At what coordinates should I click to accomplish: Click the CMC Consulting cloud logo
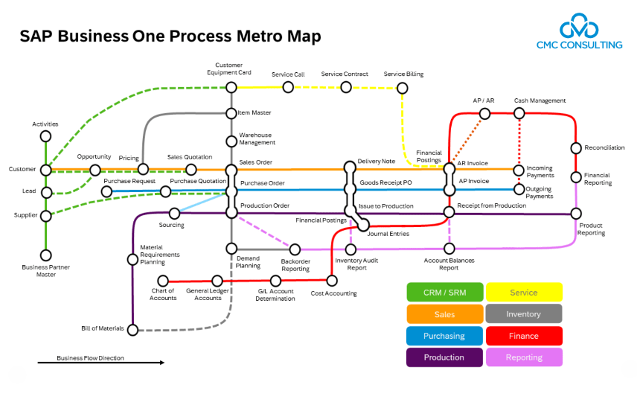click(x=580, y=27)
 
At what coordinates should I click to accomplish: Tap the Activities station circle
click(x=45, y=136)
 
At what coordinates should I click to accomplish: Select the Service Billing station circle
click(x=403, y=88)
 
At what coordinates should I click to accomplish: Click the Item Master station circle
click(x=231, y=113)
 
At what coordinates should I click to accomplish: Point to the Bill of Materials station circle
click(x=132, y=328)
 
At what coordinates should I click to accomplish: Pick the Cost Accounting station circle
click(x=332, y=281)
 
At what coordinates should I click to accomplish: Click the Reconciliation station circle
click(x=575, y=148)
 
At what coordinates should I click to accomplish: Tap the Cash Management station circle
click(x=519, y=113)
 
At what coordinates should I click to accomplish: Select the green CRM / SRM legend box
click(x=444, y=293)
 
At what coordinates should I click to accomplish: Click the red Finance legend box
click(x=523, y=336)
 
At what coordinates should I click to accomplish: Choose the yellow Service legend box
click(x=523, y=293)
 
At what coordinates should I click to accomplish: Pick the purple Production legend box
click(x=444, y=357)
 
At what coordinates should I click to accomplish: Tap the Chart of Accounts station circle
click(x=164, y=281)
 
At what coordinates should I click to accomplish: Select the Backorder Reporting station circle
click(x=295, y=249)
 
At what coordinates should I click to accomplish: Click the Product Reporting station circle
click(x=575, y=213)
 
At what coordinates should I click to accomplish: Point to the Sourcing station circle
click(x=174, y=213)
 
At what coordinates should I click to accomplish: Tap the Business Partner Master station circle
click(x=45, y=255)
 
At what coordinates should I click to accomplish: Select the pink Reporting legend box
click(x=523, y=357)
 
